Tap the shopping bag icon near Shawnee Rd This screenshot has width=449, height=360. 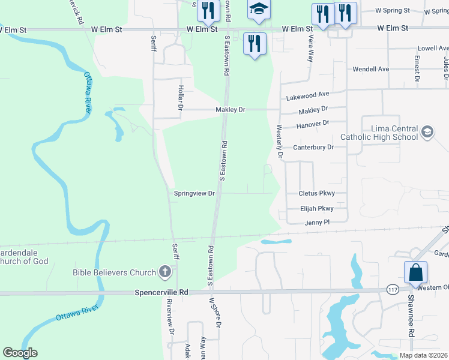(415, 273)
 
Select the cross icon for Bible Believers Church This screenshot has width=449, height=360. (166, 272)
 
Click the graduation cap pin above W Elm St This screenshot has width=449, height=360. (259, 9)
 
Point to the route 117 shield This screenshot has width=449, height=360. (393, 289)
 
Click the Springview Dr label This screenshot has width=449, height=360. (194, 194)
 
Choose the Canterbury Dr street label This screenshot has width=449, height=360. (313, 147)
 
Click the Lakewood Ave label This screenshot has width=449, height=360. (308, 95)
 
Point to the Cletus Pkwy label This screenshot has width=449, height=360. (316, 193)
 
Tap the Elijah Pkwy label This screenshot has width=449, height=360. (316, 209)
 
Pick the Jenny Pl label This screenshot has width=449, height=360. (318, 223)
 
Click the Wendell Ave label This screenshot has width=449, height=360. (371, 69)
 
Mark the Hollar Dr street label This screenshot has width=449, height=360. (179, 97)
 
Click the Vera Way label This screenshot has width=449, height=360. (310, 48)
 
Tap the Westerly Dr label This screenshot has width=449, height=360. (279, 142)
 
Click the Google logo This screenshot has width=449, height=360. (20, 353)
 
